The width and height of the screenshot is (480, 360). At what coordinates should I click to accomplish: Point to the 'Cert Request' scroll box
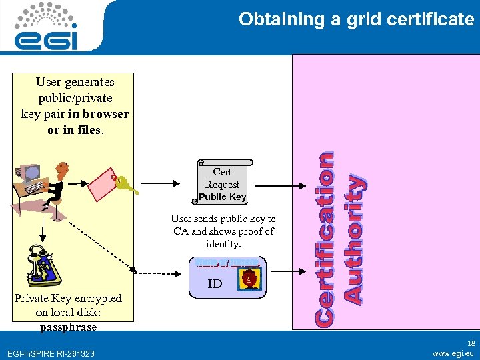(x=223, y=181)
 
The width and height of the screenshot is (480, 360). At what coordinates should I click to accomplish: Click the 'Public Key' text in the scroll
(x=223, y=197)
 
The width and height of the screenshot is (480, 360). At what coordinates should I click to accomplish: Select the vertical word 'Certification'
(x=325, y=239)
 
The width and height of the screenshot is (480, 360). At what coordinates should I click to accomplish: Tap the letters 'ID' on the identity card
(x=215, y=284)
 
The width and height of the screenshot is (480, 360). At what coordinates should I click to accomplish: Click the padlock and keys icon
(x=43, y=265)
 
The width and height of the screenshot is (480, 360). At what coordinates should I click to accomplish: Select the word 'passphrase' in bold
(x=68, y=327)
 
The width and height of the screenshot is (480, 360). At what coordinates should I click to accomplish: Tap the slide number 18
(x=471, y=340)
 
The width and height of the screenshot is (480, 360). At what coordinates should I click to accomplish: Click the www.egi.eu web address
(x=453, y=353)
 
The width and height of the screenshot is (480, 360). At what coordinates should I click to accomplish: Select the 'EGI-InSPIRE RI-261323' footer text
(x=49, y=353)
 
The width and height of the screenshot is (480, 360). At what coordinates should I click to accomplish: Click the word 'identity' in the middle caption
(x=223, y=244)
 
